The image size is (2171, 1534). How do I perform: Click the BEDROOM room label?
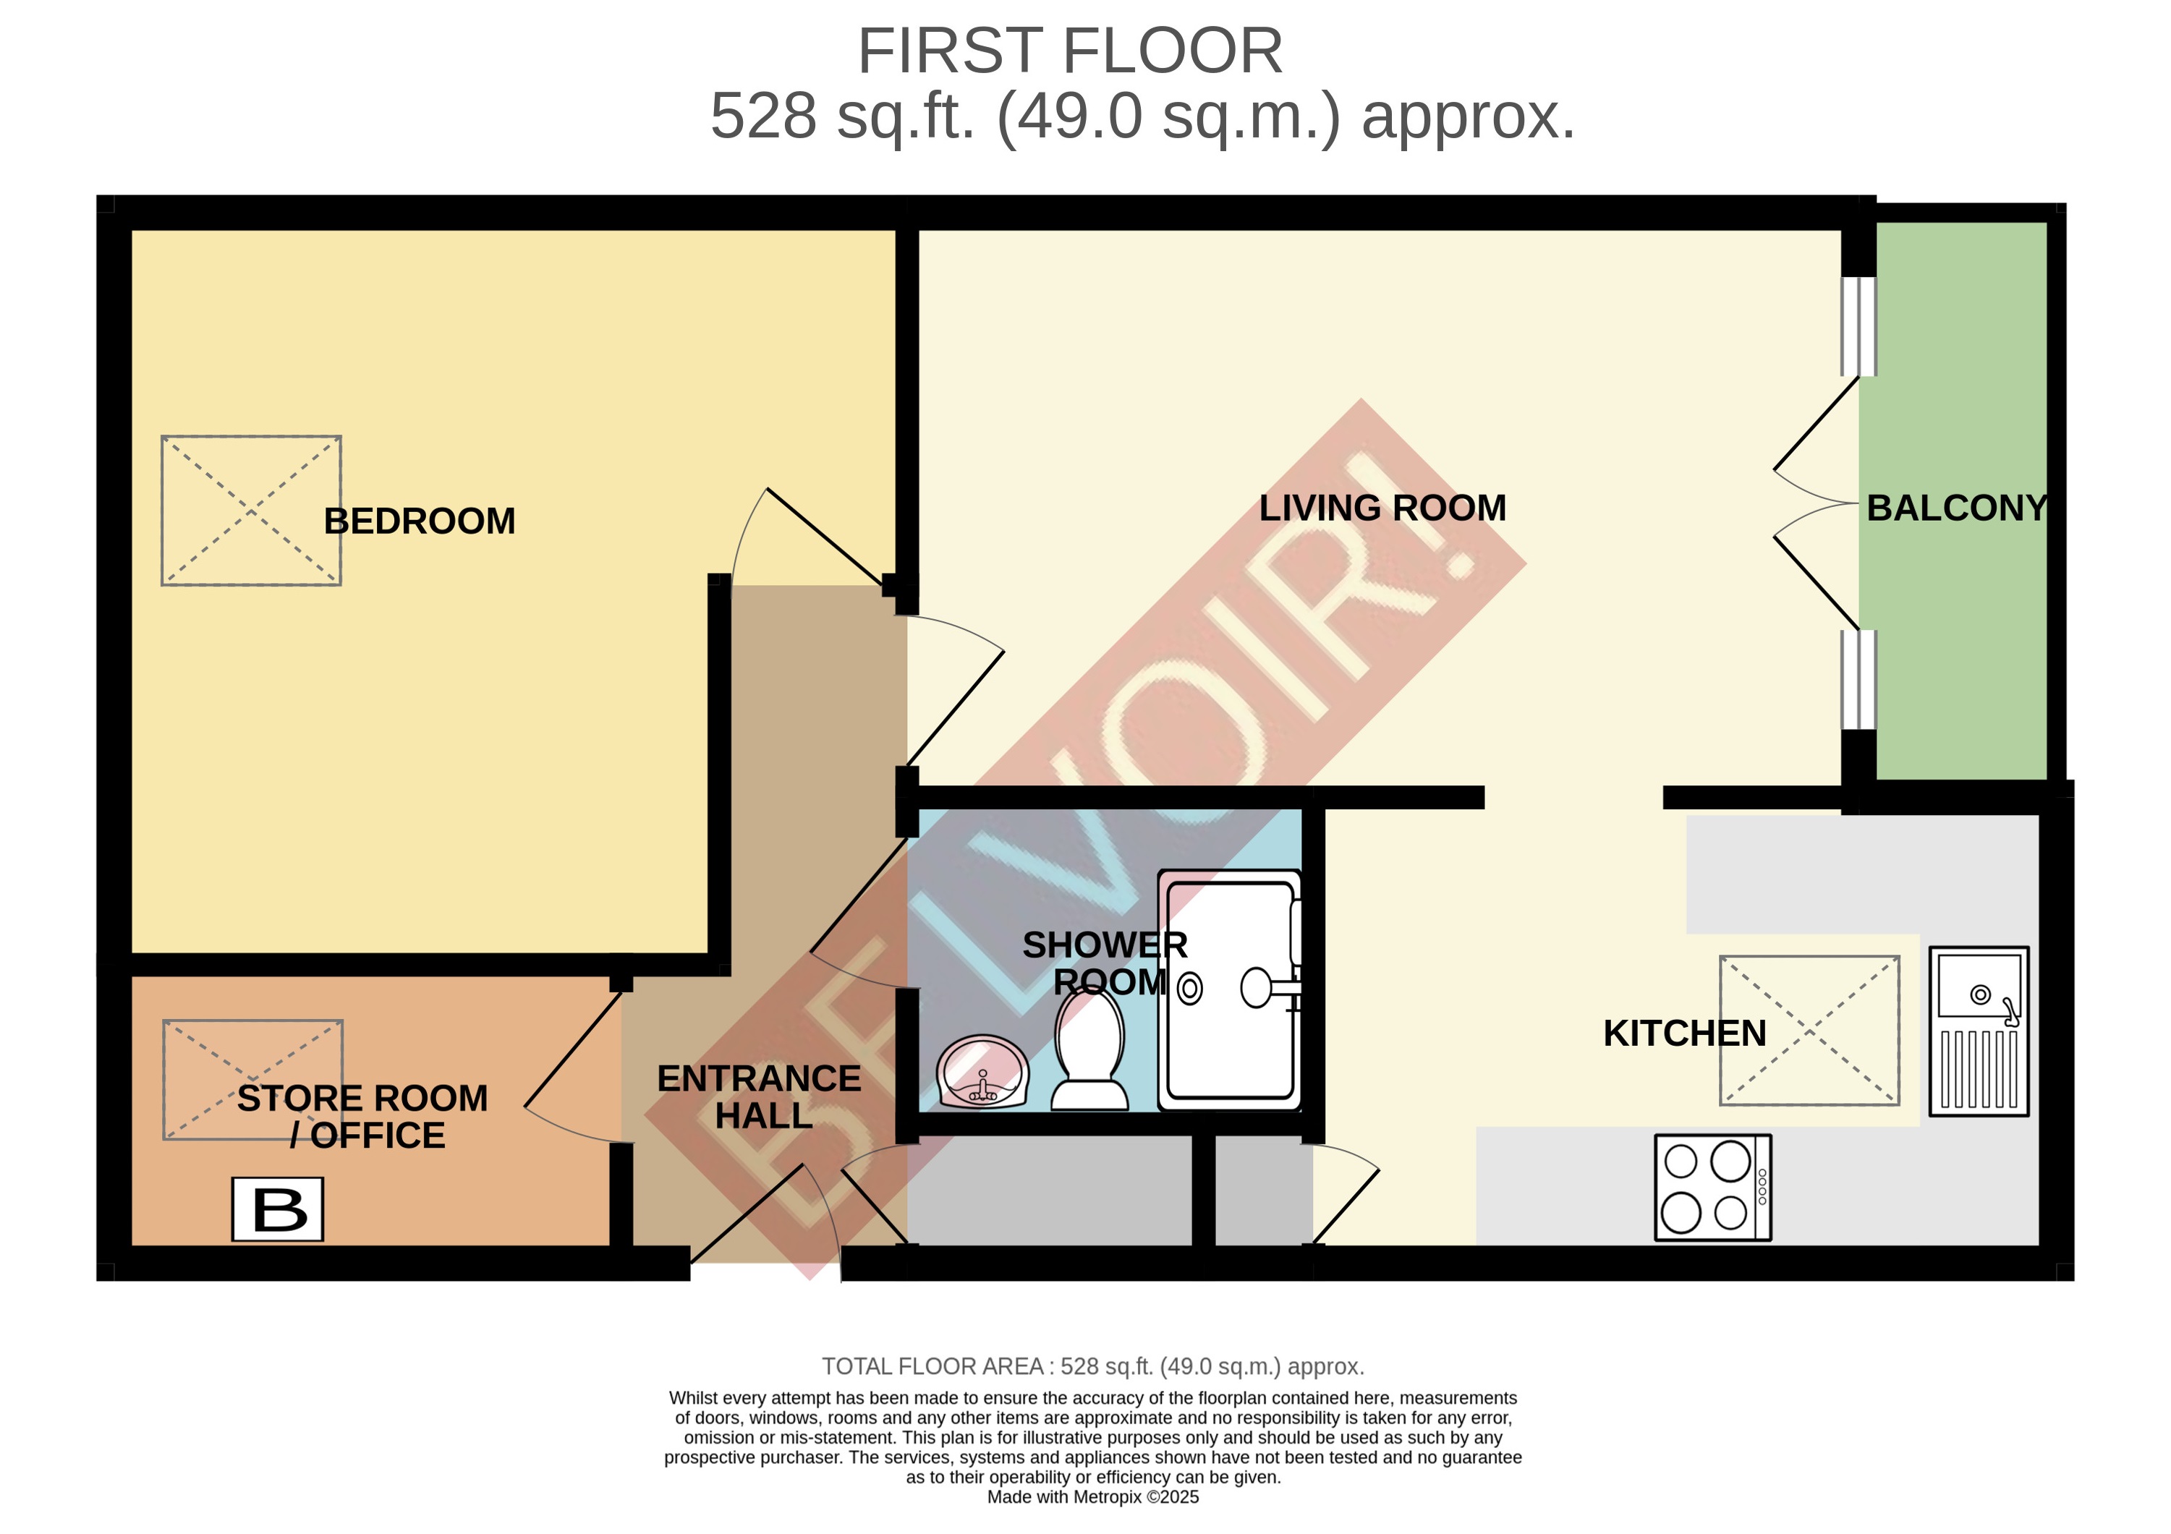[x=419, y=521]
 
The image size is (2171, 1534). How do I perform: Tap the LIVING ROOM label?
[x=1382, y=508]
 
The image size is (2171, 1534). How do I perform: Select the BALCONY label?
[x=1955, y=508]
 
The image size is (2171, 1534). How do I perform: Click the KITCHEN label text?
[x=1684, y=1033]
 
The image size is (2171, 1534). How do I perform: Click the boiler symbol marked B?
[x=278, y=1209]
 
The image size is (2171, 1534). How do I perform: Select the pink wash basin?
[x=982, y=1072]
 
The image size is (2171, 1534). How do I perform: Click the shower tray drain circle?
[x=1189, y=989]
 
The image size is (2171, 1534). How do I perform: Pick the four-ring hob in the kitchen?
[x=1712, y=1187]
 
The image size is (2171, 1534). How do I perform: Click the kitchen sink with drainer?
[x=1978, y=1031]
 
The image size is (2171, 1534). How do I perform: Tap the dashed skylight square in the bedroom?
[x=252, y=511]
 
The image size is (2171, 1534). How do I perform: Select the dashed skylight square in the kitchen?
[x=1809, y=1030]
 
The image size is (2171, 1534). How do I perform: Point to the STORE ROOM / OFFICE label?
[x=362, y=1116]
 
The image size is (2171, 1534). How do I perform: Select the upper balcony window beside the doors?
[x=1858, y=326]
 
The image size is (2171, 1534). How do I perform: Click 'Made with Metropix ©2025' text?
[x=1092, y=1497]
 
